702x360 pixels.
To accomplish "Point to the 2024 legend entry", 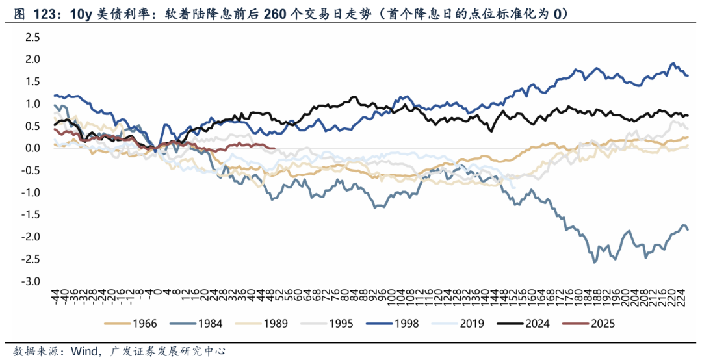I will (x=537, y=323).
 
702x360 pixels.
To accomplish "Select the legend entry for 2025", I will (x=602, y=323).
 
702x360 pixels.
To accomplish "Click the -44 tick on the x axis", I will (x=56, y=298).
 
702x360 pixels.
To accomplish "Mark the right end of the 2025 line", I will (x=276, y=149).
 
